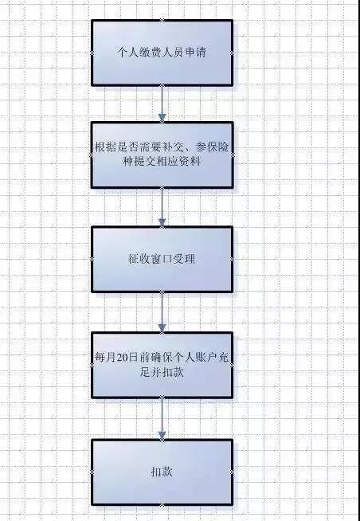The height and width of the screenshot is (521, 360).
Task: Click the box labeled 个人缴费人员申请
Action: (x=162, y=53)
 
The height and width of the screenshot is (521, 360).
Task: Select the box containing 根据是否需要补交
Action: (x=162, y=155)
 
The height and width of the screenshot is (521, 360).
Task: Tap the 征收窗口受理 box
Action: (x=162, y=259)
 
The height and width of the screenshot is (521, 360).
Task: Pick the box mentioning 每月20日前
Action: (x=162, y=365)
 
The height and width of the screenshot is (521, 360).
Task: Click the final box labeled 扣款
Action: (x=162, y=472)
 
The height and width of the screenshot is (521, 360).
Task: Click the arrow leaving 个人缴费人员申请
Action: (x=162, y=104)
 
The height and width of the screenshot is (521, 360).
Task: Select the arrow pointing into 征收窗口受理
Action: (x=162, y=207)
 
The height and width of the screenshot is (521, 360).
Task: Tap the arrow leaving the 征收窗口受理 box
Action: (x=162, y=312)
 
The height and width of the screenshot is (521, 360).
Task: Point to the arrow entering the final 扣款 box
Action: (x=162, y=419)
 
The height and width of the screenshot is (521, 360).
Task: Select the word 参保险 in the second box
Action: (x=213, y=147)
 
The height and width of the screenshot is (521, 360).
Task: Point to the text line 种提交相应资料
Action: (x=162, y=162)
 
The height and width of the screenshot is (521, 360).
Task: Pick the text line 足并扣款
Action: (x=162, y=372)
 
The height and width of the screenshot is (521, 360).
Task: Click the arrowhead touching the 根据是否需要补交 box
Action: (x=162, y=118)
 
